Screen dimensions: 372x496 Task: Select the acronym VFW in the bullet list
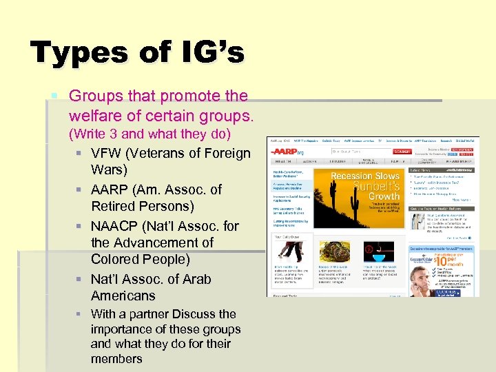[x=108, y=153]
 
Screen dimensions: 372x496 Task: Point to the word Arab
[x=196, y=279]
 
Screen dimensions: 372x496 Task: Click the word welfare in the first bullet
[x=94, y=113]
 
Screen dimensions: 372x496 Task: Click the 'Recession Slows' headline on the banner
[x=365, y=176]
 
